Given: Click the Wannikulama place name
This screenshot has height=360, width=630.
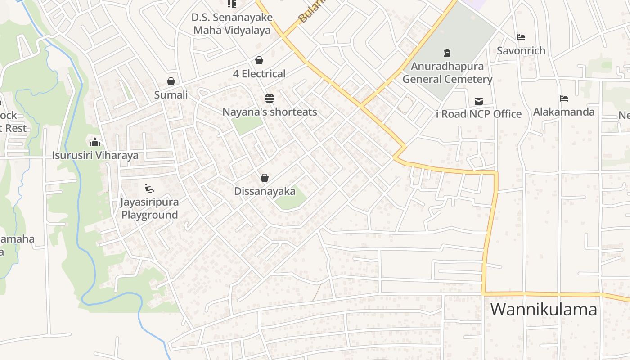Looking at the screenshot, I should point(544,310).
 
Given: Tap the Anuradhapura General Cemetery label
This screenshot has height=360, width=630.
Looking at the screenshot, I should point(447,73).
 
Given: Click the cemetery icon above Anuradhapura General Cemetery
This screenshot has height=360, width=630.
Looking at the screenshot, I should point(447,54).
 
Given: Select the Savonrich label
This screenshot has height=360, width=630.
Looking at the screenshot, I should point(521,51).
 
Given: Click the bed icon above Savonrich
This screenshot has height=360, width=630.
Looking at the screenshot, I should point(521,37).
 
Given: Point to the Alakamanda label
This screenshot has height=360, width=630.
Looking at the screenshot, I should point(564,112).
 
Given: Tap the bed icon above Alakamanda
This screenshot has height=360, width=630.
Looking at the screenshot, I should point(564,98).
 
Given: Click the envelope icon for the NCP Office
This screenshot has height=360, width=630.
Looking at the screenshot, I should point(479,101).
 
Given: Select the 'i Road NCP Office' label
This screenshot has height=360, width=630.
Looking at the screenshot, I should point(479,114).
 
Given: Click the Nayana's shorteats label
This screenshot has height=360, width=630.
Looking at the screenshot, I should point(270,112).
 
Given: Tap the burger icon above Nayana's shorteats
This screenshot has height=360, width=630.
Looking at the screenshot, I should point(270,98).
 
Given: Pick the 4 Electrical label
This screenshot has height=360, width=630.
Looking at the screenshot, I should point(259,74).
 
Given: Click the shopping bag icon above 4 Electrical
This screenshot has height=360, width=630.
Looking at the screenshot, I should point(259,60).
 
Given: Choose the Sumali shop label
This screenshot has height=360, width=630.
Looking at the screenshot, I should point(171,95).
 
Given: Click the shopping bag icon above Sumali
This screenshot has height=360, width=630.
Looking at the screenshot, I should point(171,81).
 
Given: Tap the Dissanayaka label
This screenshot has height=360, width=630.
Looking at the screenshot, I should point(265,191).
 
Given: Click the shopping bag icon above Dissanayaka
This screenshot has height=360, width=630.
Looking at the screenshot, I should point(265,178).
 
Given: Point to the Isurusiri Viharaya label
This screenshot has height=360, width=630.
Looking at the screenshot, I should point(95,156).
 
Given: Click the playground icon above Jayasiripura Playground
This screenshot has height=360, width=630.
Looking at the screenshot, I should point(149,188).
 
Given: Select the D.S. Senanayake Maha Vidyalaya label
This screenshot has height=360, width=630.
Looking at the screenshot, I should point(232,24).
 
